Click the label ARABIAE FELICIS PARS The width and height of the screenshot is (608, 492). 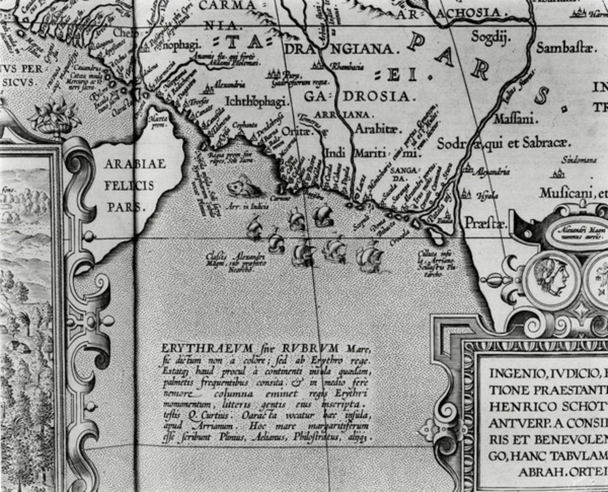[134, 185]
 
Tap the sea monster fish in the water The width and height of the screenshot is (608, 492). [243, 188]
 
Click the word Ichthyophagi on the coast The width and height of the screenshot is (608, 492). [256, 102]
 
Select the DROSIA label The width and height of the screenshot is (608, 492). [378, 96]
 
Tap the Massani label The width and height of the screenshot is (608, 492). [517, 119]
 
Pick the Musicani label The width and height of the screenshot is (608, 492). [568, 193]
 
